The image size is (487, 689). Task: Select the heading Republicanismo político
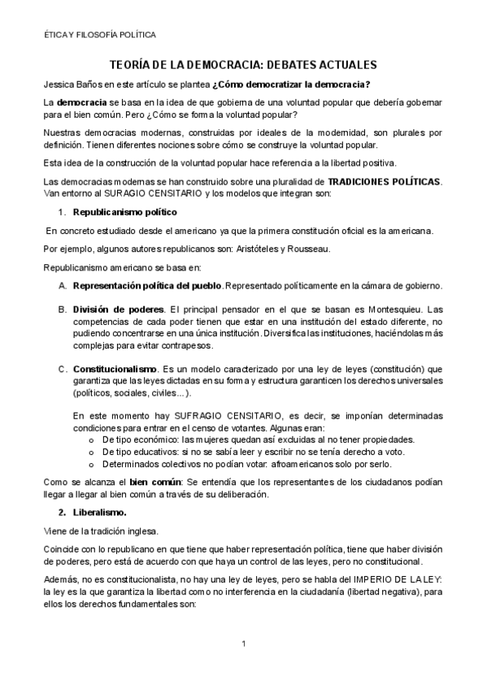click(x=124, y=212)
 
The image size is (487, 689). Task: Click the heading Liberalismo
click(x=100, y=513)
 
